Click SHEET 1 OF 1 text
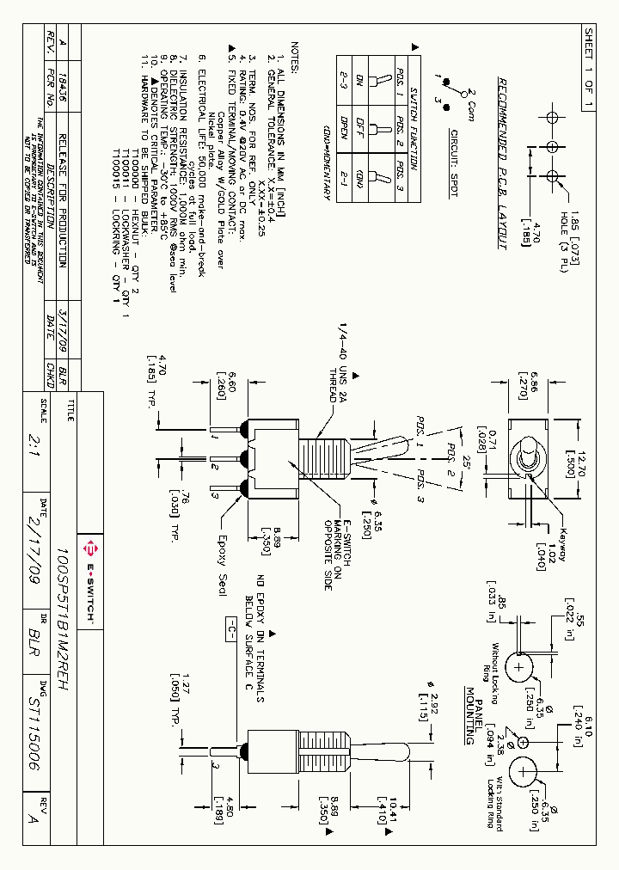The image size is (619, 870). tap(589, 67)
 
